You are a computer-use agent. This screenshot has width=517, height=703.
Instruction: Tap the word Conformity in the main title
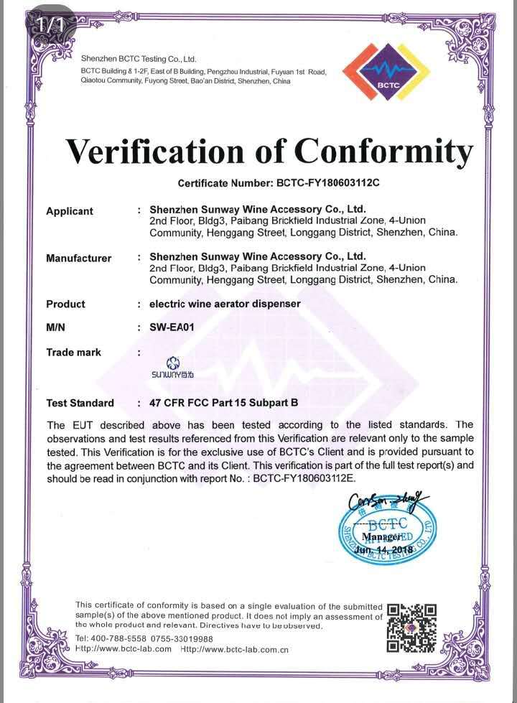point(383,152)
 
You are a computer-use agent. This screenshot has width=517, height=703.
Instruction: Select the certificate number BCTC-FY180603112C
point(327,183)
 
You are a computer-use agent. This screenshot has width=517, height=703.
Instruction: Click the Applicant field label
point(70,211)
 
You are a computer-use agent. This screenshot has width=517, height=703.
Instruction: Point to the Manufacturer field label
point(79,258)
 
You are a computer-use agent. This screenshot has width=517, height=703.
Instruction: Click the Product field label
point(65,304)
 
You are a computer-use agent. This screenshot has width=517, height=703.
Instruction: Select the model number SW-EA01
point(172,327)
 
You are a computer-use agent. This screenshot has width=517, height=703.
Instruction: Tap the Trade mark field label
point(73,352)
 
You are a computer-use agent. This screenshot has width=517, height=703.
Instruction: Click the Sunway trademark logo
point(172,368)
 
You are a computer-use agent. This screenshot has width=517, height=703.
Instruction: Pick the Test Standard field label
point(80,403)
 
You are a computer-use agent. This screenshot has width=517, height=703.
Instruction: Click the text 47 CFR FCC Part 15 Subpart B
point(223,403)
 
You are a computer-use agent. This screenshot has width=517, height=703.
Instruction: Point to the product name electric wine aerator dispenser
point(225,304)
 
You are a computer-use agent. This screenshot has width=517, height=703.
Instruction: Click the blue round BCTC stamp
point(387,533)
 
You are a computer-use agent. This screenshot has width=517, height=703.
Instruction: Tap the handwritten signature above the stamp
point(383,501)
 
